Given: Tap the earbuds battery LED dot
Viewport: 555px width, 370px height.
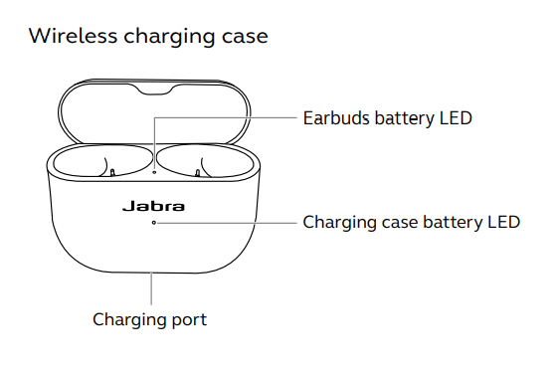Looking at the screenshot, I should pos(153,170).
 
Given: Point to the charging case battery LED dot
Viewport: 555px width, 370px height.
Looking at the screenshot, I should pos(153,223).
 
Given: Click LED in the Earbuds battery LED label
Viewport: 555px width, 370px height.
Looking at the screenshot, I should pos(454,118).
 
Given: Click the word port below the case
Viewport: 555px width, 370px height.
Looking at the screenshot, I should pos(186,320).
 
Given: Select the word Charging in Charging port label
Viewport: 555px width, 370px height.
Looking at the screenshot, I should pos(127,320).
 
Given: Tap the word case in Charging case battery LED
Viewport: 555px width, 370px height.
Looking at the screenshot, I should pos(404,221).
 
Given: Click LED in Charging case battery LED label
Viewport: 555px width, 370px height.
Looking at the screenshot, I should pos(502,221).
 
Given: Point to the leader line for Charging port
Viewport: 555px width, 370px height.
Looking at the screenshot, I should pos(152,290).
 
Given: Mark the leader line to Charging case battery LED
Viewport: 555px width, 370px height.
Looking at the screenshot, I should pos(229,223).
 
